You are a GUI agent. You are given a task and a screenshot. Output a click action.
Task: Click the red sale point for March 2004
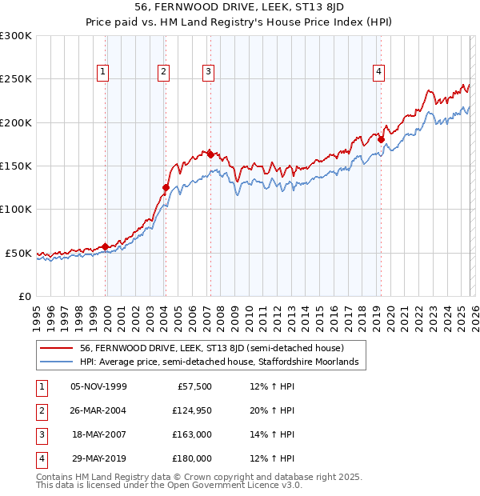[166, 188]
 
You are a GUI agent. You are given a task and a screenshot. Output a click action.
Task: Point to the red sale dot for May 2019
[381, 140]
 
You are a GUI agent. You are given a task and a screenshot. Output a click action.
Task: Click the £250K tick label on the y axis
[16, 79]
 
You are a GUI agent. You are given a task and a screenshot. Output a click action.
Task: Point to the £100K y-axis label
[16, 210]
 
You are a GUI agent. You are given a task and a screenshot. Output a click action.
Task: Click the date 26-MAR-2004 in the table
[99, 410]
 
